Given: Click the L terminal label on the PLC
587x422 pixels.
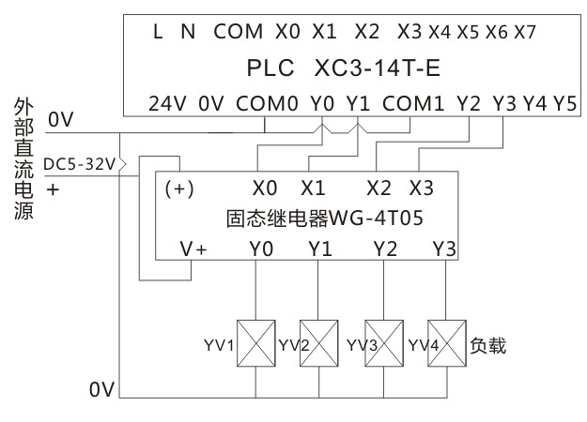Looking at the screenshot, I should [158, 31].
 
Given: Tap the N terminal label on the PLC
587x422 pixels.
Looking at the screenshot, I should [188, 31].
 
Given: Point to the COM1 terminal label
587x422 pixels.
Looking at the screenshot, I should [413, 102].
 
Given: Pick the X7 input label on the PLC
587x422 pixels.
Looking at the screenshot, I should [526, 32].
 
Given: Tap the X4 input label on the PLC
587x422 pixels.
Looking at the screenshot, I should [439, 32].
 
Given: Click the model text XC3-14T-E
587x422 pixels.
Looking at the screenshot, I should [383, 68].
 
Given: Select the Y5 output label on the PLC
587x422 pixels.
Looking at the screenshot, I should [564, 102].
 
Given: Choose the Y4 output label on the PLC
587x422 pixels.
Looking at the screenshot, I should [535, 102].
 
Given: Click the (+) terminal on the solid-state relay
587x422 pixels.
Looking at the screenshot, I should [179, 188].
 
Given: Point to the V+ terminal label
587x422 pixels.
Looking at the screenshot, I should [193, 249].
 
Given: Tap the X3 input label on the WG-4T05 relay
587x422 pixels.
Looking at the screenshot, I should [423, 187].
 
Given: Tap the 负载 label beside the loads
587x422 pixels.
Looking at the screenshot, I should [487, 346].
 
